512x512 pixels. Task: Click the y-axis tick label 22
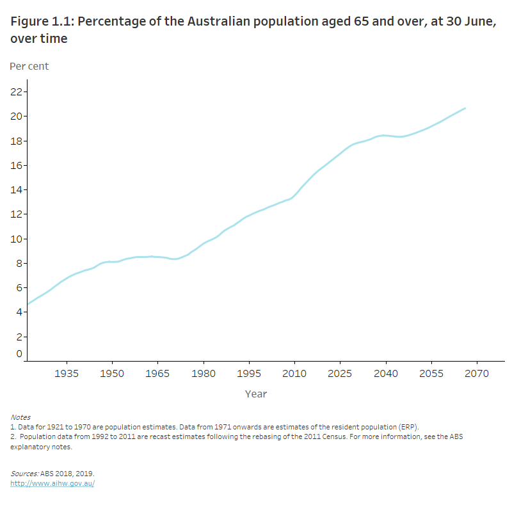tap(17, 92)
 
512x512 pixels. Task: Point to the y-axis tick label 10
tap(17, 239)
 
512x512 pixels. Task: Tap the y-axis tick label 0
tap(19, 353)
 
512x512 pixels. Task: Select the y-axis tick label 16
tap(17, 165)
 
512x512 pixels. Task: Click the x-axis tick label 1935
tap(67, 373)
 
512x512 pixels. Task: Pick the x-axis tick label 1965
tap(157, 373)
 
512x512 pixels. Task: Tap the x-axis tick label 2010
tap(294, 373)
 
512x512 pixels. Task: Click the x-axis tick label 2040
tap(385, 373)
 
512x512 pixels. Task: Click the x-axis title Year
tap(256, 394)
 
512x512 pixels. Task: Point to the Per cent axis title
tap(29, 66)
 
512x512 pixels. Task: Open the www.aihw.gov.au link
tap(52, 483)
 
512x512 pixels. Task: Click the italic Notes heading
tap(20, 417)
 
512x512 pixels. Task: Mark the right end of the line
tap(465, 108)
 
